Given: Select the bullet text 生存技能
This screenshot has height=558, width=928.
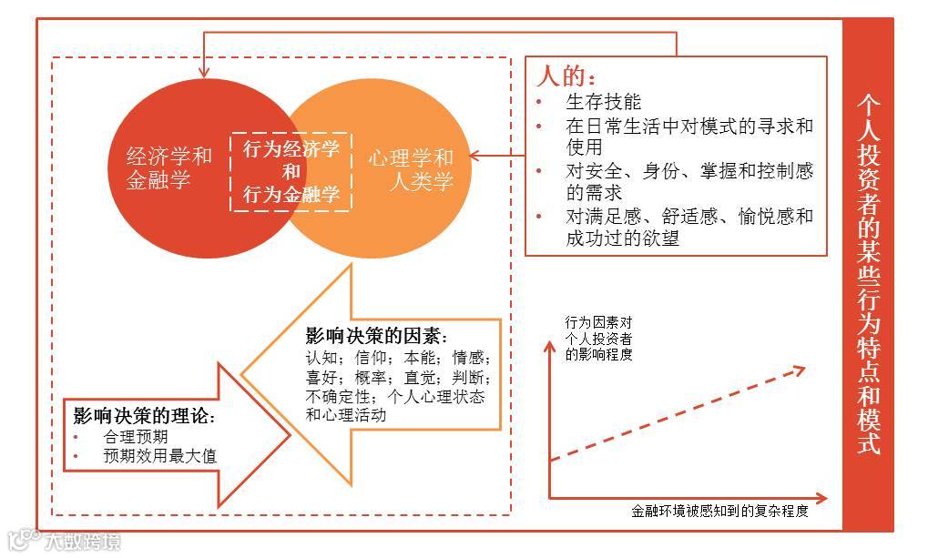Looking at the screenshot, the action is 603,101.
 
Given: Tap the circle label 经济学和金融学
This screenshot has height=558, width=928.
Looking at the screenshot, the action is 169,167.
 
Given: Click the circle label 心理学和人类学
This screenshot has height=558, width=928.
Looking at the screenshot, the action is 411,168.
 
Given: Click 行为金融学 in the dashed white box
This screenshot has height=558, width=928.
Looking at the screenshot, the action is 291,194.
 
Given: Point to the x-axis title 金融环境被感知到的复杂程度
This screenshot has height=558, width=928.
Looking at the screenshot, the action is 719,511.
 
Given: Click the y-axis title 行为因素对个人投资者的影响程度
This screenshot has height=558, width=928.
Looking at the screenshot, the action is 598,338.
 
